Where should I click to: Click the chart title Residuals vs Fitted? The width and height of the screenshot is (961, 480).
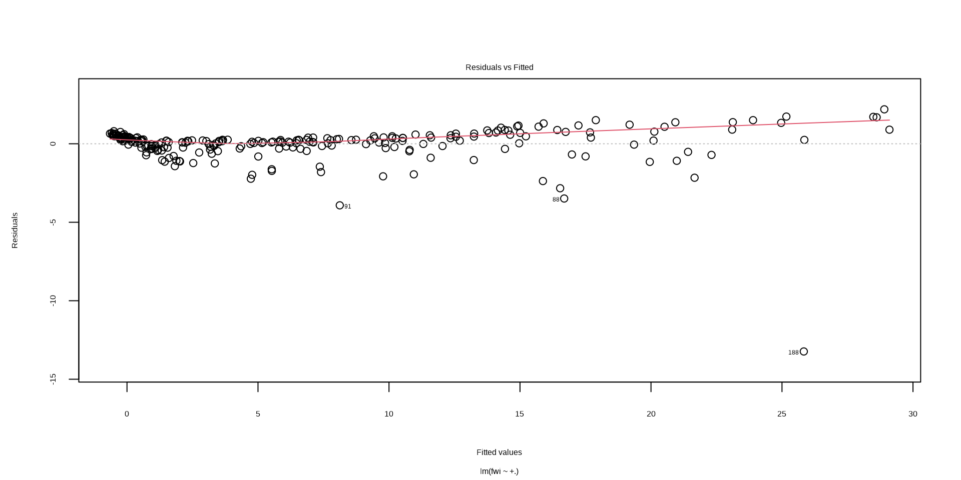click(x=499, y=67)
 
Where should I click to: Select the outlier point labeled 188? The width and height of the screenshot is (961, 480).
click(x=804, y=351)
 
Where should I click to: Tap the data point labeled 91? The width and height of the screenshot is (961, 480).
click(x=340, y=205)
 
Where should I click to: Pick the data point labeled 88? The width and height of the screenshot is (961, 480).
click(x=564, y=198)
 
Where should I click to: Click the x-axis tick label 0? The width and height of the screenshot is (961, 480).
click(x=127, y=414)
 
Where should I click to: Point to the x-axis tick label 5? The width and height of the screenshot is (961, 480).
click(x=258, y=414)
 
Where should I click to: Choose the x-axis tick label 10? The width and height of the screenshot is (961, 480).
click(x=389, y=414)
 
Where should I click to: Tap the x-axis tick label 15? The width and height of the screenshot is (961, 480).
click(x=520, y=414)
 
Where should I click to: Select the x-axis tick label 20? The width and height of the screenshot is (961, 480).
click(x=651, y=414)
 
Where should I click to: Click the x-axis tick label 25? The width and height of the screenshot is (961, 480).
click(x=782, y=414)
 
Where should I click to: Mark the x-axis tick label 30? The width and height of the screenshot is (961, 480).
click(x=913, y=414)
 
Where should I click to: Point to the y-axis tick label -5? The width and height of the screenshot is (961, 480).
click(x=53, y=222)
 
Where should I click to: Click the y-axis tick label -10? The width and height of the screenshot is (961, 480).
click(x=53, y=300)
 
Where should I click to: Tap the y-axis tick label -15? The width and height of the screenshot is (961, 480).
click(x=53, y=379)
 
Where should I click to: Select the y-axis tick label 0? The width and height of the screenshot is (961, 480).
click(x=53, y=144)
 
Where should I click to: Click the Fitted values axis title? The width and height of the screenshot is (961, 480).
click(x=499, y=452)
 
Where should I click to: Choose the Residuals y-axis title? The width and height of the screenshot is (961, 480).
click(x=15, y=230)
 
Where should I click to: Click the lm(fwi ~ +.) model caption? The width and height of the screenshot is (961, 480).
click(x=499, y=471)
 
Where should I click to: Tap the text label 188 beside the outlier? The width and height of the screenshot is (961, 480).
click(x=793, y=353)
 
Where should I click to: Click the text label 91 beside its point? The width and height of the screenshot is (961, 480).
click(x=348, y=206)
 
